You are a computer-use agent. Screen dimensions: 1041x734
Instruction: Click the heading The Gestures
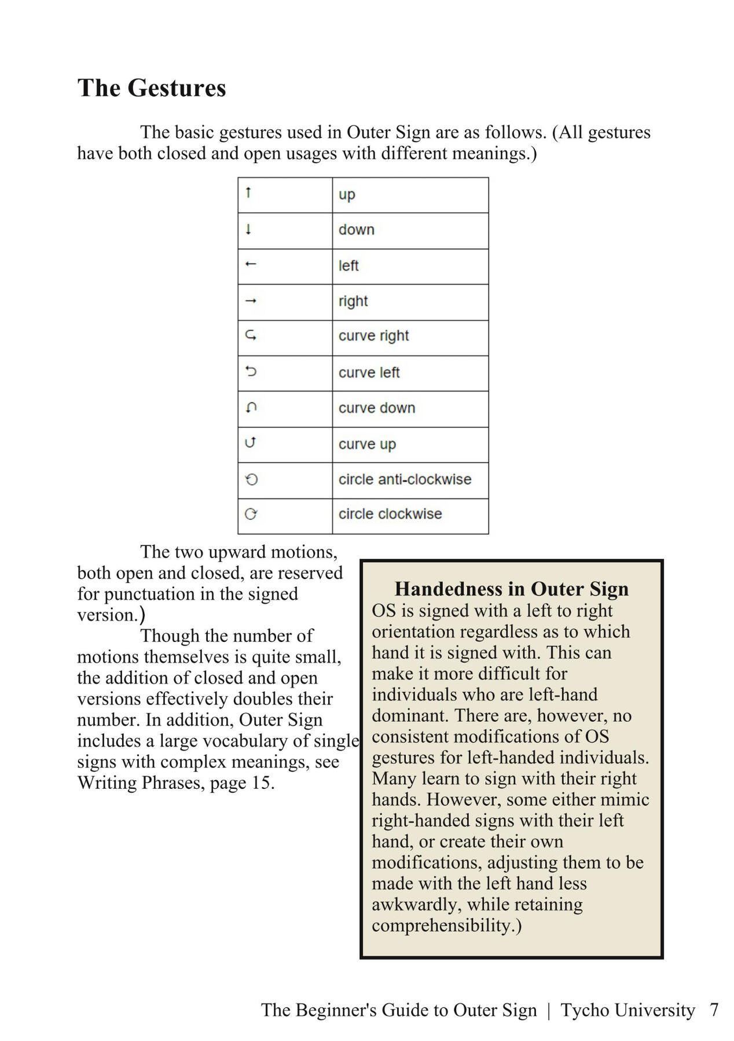[x=152, y=88]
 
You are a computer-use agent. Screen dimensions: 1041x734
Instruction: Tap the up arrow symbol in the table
[x=248, y=193]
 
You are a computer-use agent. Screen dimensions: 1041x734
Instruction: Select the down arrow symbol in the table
[x=248, y=229]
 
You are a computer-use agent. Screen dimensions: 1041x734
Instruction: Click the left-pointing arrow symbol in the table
[x=250, y=264]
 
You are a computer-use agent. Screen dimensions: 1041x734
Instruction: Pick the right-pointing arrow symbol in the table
[x=251, y=301]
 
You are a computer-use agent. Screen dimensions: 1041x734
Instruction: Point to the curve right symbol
[x=251, y=335]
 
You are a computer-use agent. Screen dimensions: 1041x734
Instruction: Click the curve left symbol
[x=251, y=371]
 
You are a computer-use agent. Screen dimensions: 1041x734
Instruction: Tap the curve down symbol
[x=251, y=408]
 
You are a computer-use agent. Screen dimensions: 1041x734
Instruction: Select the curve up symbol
[x=250, y=443]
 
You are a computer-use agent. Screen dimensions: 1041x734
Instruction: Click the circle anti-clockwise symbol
[x=251, y=479]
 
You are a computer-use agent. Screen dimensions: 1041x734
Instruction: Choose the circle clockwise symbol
[x=251, y=514]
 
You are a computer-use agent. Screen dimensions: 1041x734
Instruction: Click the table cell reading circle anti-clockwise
[x=405, y=479]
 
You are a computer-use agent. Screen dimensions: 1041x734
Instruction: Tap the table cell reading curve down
[x=377, y=408]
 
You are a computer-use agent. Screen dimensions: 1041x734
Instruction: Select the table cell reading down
[x=357, y=230]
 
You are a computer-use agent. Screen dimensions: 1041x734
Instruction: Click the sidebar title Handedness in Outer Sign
[x=511, y=589]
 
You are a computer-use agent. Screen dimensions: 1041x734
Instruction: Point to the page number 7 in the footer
[x=714, y=1010]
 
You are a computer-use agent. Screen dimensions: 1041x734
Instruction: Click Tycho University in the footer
[x=627, y=1010]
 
